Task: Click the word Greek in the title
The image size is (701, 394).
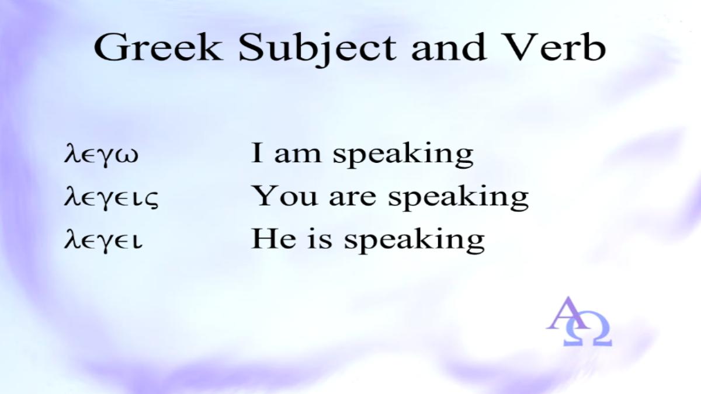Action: (x=158, y=47)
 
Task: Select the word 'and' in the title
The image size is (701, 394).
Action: (x=449, y=47)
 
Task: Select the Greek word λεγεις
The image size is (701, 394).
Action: (x=111, y=198)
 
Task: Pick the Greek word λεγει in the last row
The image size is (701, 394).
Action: (x=103, y=240)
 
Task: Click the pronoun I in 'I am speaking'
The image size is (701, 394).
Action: (x=257, y=153)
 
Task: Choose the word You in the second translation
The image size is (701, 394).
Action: (x=284, y=196)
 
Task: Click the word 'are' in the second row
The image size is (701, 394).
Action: (x=352, y=199)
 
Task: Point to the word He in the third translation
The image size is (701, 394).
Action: (x=273, y=239)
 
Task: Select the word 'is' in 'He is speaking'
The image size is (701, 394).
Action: (x=320, y=239)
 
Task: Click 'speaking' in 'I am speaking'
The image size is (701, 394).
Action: (x=403, y=155)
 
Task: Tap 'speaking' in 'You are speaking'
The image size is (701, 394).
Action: (x=458, y=198)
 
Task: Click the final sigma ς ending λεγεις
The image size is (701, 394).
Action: (x=152, y=200)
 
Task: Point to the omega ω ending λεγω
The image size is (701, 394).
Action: (x=127, y=156)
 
